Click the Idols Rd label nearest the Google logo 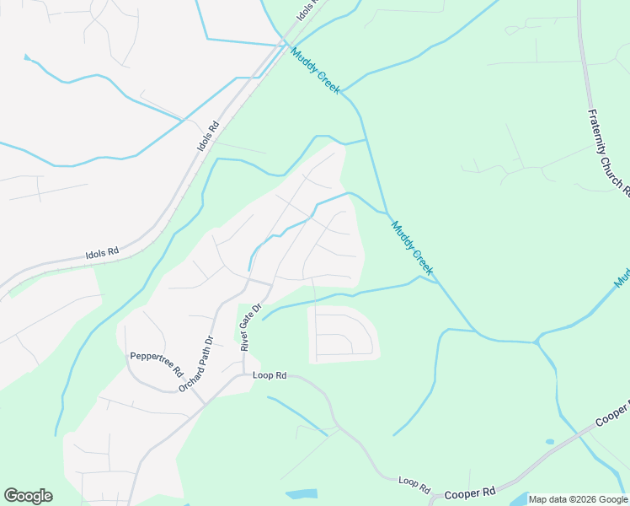click(102, 251)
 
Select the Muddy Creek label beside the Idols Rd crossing click(315, 70)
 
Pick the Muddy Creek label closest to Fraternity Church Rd click(412, 247)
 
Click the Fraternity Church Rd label click(609, 153)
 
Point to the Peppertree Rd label click(156, 363)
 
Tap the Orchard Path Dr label click(196, 363)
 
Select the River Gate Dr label click(251, 327)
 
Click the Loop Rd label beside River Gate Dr click(270, 374)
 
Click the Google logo click(28, 496)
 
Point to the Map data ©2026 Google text click(578, 499)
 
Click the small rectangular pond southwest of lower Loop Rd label click(302, 493)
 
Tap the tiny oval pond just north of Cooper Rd click(550, 441)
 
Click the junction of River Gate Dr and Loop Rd click(244, 375)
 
